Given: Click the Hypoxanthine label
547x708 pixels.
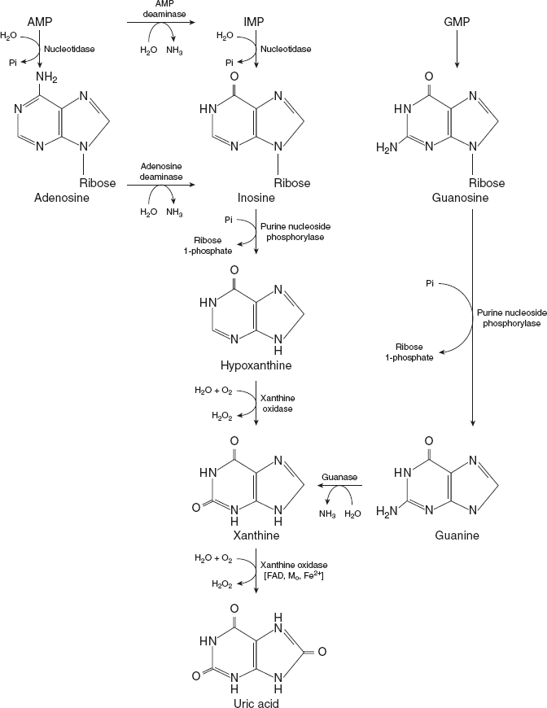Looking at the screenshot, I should coord(255,366).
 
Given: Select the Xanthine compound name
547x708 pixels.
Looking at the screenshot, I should coord(256,536).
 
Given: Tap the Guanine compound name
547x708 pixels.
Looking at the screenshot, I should coord(457,536).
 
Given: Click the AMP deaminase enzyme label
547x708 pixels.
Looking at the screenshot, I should coord(160,9).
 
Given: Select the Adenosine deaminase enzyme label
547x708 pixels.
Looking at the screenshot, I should coord(160,170).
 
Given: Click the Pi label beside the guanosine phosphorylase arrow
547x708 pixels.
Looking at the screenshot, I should coord(429,283).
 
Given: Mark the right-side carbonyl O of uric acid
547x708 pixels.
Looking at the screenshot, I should coord(322,651).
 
